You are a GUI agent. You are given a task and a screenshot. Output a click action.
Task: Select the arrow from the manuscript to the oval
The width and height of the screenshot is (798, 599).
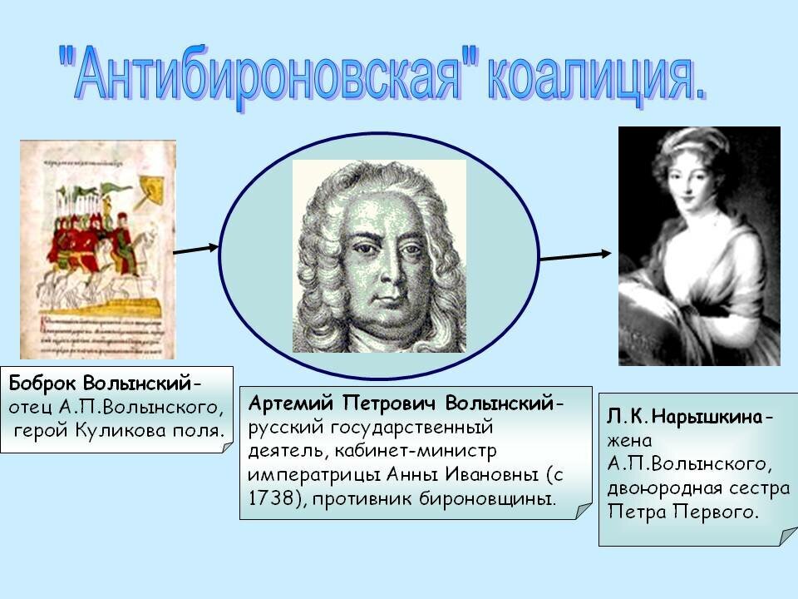196,250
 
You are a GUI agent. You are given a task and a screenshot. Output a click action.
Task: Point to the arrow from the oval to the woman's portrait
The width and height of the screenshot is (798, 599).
575,255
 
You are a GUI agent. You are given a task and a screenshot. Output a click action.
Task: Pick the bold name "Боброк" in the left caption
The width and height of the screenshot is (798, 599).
43,383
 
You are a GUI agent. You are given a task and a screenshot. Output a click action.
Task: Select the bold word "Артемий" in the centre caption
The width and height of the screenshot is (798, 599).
291,403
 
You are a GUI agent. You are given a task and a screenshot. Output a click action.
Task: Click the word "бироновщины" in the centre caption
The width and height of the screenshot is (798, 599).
487,498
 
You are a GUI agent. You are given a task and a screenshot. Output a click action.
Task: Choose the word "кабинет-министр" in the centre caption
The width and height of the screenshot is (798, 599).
416,451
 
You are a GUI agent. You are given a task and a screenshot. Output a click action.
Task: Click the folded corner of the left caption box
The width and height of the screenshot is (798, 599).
227,448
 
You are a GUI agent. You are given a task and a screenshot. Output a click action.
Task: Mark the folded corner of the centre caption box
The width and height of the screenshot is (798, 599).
584,511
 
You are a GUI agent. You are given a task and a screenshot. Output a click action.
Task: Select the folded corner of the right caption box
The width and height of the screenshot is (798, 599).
790,537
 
